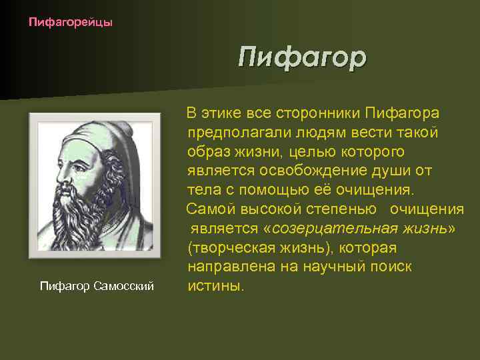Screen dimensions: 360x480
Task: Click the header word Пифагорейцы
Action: tap(71, 23)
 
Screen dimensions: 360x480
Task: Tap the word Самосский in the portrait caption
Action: tap(124, 286)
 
